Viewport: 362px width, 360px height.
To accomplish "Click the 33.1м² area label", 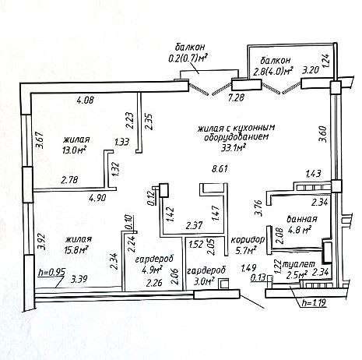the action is point(234,147).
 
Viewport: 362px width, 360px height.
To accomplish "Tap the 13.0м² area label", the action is point(74,150).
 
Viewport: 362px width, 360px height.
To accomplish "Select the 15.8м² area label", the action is point(76,249).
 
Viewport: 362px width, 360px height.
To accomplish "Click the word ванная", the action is point(302,219).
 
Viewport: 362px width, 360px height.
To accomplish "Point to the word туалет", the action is point(298,264).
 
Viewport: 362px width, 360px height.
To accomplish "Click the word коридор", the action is point(248,239).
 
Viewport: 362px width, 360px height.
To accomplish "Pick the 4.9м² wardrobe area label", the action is point(152,270).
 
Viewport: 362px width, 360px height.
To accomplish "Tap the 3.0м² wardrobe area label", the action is point(204,281).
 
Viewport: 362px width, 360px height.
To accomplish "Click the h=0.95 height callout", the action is point(51,273).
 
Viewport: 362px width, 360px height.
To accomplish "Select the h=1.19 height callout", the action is point(314,303).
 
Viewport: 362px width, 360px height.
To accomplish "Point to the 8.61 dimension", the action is point(220,169).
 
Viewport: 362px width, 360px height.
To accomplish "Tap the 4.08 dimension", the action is point(85,100).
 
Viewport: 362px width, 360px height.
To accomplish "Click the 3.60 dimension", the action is point(322,134).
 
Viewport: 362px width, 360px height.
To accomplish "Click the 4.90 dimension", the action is point(97,199).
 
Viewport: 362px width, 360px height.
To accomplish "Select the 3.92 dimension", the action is point(43,242).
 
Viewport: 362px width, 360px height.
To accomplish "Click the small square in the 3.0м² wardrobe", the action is point(223,284).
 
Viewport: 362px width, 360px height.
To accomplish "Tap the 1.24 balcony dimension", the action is point(326,60).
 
